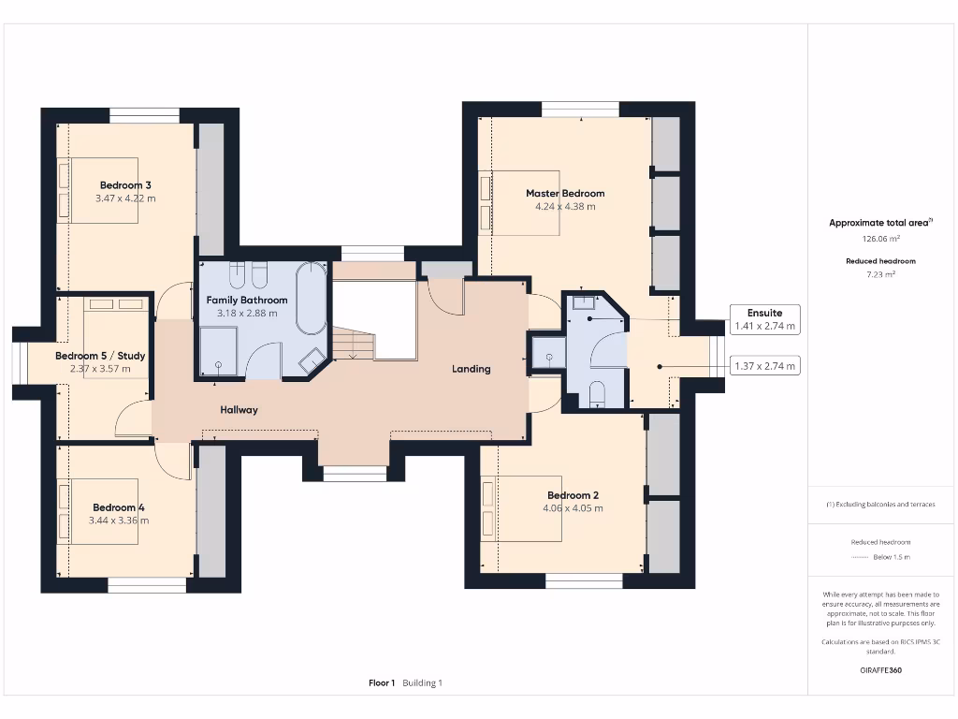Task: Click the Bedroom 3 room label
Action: [x=125, y=185]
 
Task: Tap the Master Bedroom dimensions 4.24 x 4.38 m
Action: [x=565, y=207]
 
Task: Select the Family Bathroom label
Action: [x=247, y=301]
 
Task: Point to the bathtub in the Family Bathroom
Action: [x=312, y=298]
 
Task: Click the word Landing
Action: [x=472, y=369]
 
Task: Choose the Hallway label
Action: [x=239, y=410]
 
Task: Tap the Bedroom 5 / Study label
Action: [x=100, y=356]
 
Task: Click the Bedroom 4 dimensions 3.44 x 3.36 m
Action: [x=119, y=521]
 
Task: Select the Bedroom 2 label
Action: [x=573, y=495]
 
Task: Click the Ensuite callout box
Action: [x=765, y=319]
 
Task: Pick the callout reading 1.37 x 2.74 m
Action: [x=765, y=366]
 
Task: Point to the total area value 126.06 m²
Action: [x=881, y=239]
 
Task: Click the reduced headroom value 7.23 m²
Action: [x=881, y=274]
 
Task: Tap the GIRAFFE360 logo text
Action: [x=881, y=670]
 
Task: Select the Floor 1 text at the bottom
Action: [x=382, y=682]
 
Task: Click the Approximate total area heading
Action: [x=880, y=223]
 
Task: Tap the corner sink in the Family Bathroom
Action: [x=312, y=360]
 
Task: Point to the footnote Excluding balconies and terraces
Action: [x=881, y=505]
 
